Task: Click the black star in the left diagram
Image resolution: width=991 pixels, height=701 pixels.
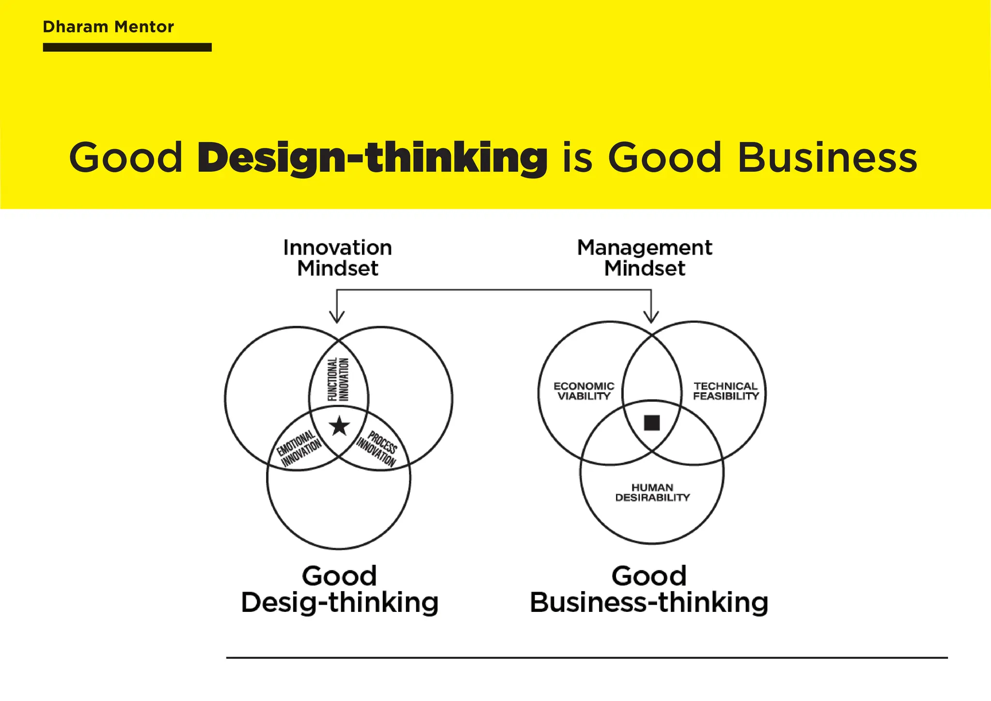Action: (x=339, y=426)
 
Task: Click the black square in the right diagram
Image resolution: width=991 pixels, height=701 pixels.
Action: (x=652, y=423)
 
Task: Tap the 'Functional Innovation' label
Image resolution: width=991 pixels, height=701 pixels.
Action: (x=338, y=379)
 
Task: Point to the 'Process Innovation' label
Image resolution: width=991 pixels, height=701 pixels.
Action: (x=377, y=448)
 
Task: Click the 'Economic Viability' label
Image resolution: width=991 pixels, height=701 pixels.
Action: (x=584, y=391)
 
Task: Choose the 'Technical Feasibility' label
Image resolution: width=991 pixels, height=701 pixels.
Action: (x=725, y=391)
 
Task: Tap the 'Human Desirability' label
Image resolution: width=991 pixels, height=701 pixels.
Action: (x=652, y=492)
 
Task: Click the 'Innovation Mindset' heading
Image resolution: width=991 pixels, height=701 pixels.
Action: (x=338, y=258)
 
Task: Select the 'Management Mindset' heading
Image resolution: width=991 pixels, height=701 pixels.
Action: (x=645, y=258)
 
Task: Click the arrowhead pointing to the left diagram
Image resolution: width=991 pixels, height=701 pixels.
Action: (x=337, y=317)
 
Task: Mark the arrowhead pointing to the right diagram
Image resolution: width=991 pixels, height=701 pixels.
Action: (x=651, y=317)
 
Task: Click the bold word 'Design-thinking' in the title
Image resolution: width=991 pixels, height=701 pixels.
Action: (x=372, y=158)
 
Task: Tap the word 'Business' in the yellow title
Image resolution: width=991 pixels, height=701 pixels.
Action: (x=827, y=158)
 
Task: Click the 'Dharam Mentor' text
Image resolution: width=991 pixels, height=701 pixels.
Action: (x=108, y=27)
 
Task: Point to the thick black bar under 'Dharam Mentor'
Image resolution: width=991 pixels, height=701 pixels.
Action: (x=127, y=47)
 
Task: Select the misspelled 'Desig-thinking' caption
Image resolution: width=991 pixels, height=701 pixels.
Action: (x=340, y=602)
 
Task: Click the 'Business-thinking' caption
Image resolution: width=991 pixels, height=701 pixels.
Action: (x=649, y=602)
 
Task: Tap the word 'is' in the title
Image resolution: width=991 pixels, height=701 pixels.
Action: (x=577, y=158)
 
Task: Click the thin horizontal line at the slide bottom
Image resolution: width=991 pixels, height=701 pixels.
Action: (x=586, y=658)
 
